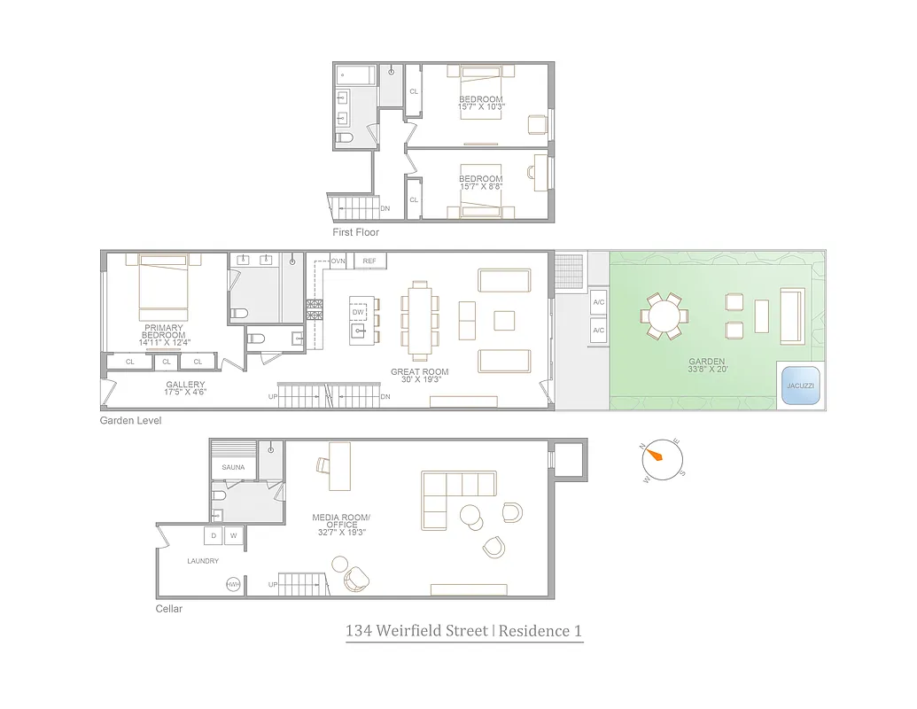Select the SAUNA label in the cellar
(233, 467)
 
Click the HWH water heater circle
(234, 584)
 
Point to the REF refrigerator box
(369, 261)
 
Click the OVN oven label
(338, 261)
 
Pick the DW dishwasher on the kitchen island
(359, 313)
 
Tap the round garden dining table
(663, 316)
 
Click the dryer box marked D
(213, 535)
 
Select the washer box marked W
(234, 535)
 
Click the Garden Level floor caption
(130, 421)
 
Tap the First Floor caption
(356, 232)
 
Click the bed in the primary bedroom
(163, 288)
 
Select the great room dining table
(420, 314)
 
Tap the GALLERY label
(185, 385)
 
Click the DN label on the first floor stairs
(385, 209)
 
